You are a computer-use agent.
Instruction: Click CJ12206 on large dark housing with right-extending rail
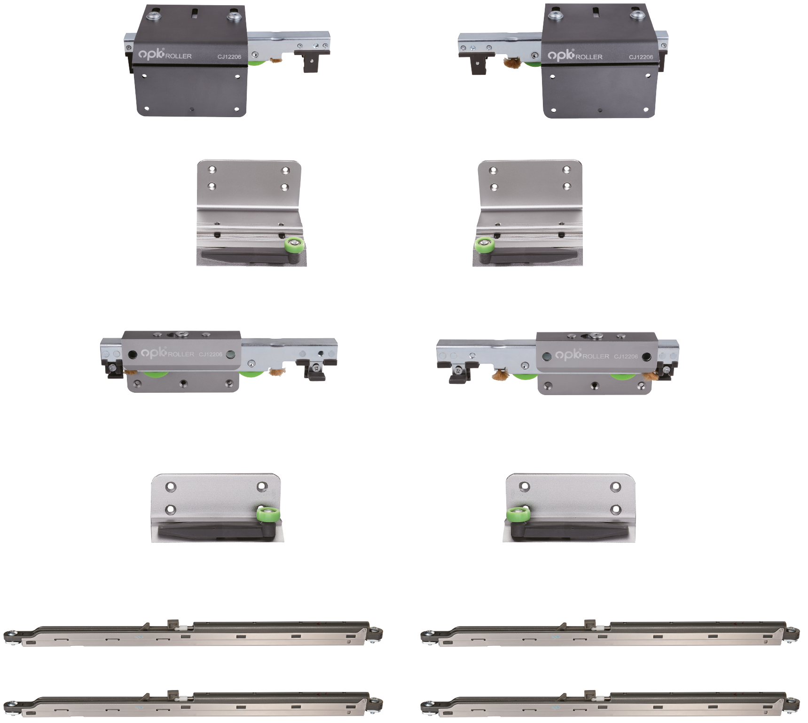coord(229,57)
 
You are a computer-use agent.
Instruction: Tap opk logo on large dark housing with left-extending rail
coord(561,55)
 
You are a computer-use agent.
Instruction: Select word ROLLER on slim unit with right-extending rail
coord(181,354)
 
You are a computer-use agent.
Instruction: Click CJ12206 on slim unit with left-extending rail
coord(626,357)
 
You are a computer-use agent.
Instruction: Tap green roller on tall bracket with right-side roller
coord(294,245)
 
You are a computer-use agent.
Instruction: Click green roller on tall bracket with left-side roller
coord(484,245)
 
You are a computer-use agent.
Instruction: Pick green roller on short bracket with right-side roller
coord(268,513)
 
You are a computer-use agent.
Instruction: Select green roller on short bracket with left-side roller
coord(518,514)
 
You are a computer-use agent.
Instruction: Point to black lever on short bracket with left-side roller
coord(569,531)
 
